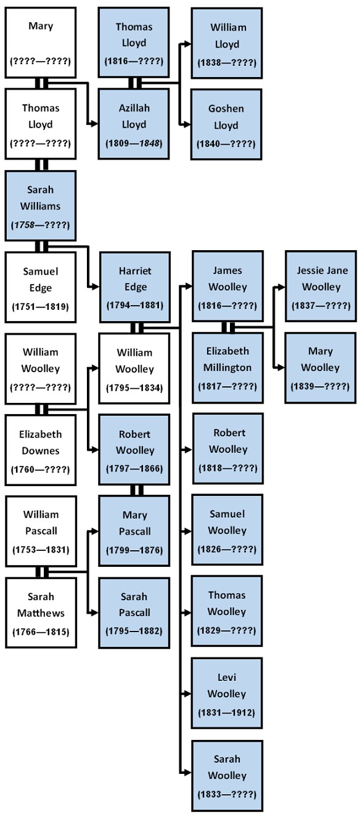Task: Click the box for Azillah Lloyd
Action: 134,124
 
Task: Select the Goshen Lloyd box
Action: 226,124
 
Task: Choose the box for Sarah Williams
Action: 41,206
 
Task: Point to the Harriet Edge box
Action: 134,287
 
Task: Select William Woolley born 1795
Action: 134,368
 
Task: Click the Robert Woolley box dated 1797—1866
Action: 134,450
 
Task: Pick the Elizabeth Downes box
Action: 41,450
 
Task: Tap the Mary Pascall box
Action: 134,531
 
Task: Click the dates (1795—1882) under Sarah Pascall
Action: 134,631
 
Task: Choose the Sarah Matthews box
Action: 41,612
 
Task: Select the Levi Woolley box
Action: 227,694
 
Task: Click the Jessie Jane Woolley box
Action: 320,287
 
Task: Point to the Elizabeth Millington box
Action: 227,367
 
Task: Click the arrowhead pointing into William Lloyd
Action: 186,44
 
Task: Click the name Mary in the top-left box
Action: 41,26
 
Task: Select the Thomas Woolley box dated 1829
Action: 227,611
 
